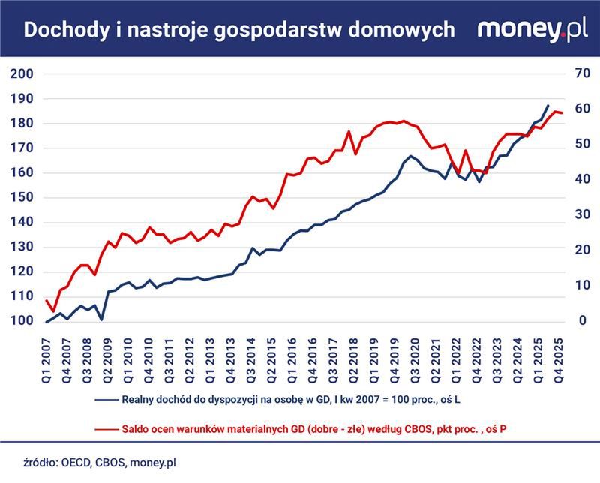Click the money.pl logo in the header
(532, 29)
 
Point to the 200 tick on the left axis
(22, 73)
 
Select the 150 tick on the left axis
(22, 197)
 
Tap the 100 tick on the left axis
(22, 321)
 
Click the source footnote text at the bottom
(97, 463)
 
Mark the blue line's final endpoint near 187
(547, 106)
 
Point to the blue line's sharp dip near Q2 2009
(101, 319)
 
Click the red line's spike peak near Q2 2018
(349, 132)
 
